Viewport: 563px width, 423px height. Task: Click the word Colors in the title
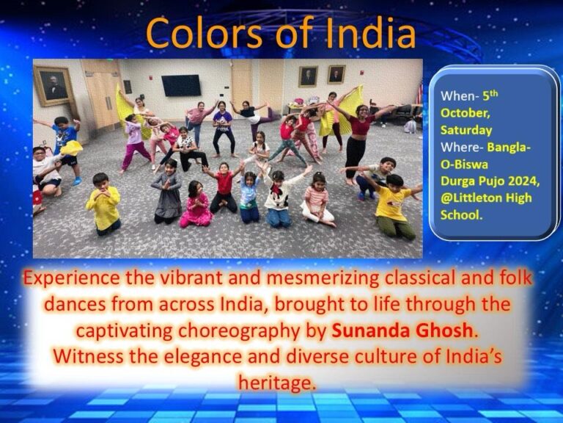204,33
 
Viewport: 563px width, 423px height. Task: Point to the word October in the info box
466,113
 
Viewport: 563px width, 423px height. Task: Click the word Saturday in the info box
466,130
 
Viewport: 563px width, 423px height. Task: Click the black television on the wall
181,85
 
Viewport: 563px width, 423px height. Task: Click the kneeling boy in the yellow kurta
104,204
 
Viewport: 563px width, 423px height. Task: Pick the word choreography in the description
238,331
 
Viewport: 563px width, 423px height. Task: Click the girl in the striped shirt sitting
318,200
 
